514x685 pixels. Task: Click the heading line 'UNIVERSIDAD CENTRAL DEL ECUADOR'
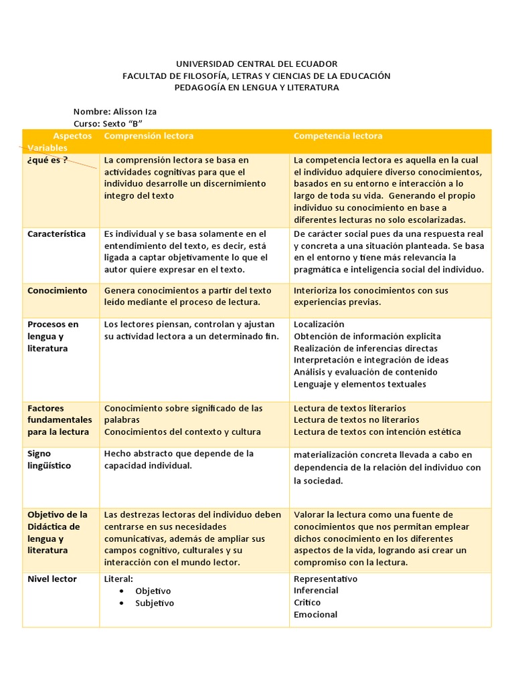pos(256,64)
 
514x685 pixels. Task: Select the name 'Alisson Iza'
pos(136,112)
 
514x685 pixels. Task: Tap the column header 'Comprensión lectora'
pos(149,136)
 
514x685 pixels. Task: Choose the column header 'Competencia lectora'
pos(338,136)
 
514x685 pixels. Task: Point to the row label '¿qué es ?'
pos(48,160)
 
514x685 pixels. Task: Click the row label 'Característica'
pos(56,234)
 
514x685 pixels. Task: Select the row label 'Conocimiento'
pos(57,291)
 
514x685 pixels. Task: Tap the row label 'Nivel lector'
pos(52,579)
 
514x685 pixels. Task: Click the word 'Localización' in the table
pos(319,324)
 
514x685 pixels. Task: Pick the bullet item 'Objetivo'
pos(153,591)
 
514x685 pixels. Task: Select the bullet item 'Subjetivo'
pos(154,603)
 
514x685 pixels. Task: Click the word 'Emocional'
pos(315,615)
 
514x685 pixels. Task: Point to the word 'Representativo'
pos(325,579)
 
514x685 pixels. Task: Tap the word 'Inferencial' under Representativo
pos(316,591)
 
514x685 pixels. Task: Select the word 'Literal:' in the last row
pos(119,579)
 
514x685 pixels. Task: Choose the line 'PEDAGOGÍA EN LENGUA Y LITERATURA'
pos(256,88)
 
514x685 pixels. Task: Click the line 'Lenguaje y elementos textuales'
pos(359,385)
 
